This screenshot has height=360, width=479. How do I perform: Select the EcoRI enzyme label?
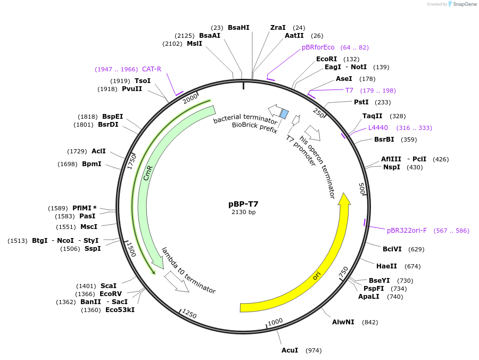326,59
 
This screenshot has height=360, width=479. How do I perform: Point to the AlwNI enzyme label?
343,322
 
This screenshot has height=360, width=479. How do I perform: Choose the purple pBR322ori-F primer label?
407,231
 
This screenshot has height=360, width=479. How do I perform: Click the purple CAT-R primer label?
152,69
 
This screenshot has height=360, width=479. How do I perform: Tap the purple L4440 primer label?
378,128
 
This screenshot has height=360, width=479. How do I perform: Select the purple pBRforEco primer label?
318,47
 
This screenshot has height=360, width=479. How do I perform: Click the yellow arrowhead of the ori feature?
344,199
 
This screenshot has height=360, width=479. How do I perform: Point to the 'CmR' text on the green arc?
148,173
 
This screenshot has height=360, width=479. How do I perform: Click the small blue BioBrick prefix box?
284,114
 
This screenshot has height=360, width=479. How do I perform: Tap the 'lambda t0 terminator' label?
189,271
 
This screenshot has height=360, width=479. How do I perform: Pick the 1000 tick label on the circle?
275,322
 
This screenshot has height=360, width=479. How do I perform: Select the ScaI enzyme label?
108,286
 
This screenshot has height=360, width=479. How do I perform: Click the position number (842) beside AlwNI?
370,322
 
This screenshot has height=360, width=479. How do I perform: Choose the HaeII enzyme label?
386,266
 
